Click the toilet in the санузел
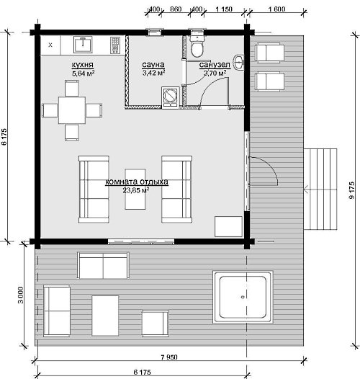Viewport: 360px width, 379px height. click(x=197, y=46)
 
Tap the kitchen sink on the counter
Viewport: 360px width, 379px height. click(x=83, y=44)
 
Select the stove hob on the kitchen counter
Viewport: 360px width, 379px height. click(x=115, y=45)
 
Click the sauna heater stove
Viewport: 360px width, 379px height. click(x=171, y=98)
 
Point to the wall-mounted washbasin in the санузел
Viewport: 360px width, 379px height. click(x=238, y=63)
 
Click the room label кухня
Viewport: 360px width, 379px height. click(x=82, y=65)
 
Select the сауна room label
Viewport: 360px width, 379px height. click(x=153, y=65)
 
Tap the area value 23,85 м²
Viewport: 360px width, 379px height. click(x=135, y=190)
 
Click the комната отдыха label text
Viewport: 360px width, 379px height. click(x=137, y=182)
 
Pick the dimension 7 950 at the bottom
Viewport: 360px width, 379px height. click(x=169, y=357)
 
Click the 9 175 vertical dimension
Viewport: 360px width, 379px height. click(x=352, y=190)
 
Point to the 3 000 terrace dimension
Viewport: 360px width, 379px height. click(x=21, y=295)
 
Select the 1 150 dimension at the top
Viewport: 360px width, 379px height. click(x=224, y=9)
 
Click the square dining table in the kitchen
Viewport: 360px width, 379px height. click(x=72, y=110)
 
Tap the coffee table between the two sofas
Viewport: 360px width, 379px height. click(x=135, y=189)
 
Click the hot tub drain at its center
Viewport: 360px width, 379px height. click(x=243, y=297)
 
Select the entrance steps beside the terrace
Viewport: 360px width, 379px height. click(x=320, y=189)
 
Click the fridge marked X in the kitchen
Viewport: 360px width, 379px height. click(x=50, y=45)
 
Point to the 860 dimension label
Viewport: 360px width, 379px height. click(x=176, y=9)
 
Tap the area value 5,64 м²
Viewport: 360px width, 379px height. click(x=83, y=73)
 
